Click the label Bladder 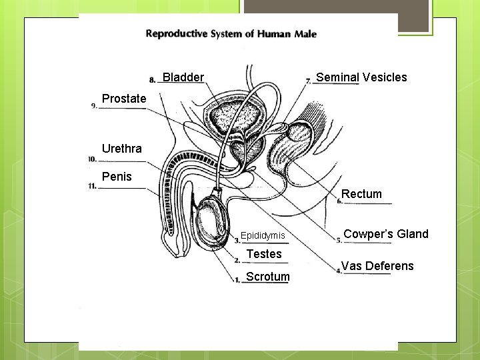(183, 77)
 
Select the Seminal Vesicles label (361, 77)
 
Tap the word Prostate (124, 99)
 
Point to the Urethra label (122, 149)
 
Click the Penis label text (117, 177)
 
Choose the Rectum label (361, 194)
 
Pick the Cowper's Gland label (386, 234)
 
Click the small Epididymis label (263, 235)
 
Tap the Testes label (264, 254)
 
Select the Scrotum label (267, 277)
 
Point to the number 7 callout (309, 81)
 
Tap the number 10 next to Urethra (92, 159)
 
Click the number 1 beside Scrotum (237, 280)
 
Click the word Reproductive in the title (176, 34)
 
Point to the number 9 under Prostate (93, 105)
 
